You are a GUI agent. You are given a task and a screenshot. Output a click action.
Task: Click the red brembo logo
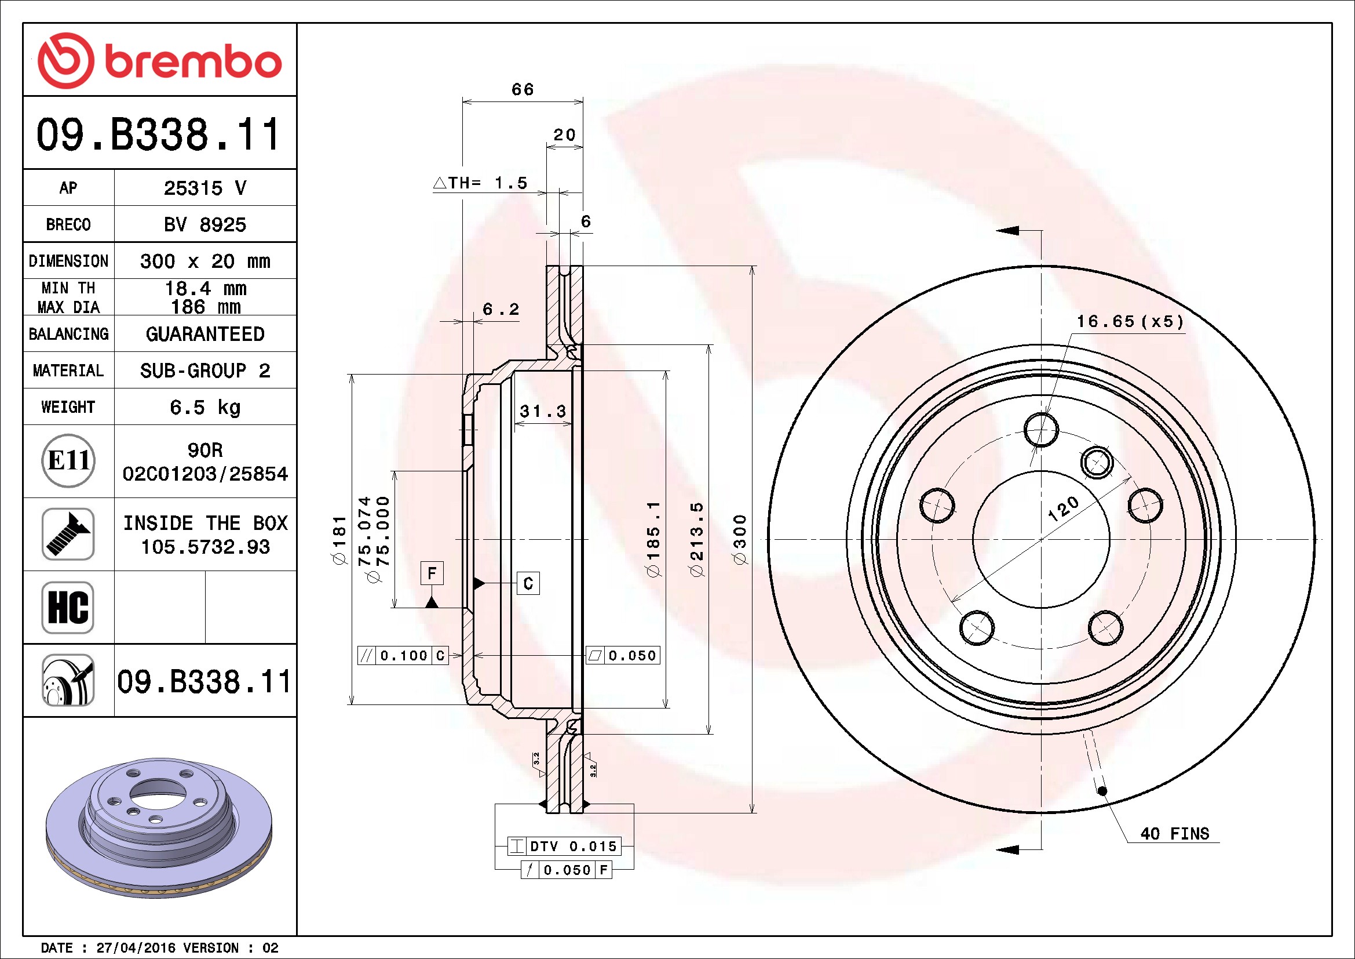[x=159, y=61]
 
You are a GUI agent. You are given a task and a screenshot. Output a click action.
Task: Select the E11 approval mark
[x=68, y=460]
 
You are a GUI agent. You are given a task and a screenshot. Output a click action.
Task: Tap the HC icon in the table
[x=68, y=607]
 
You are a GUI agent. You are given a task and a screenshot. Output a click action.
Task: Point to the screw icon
[x=68, y=534]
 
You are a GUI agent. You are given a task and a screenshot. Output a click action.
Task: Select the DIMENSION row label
[x=68, y=261]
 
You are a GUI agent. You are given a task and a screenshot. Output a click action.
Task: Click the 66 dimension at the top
[x=523, y=89]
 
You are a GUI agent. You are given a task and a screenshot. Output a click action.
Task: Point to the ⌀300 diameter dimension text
[x=739, y=539]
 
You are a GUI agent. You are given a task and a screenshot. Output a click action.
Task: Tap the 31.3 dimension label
[x=543, y=411]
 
